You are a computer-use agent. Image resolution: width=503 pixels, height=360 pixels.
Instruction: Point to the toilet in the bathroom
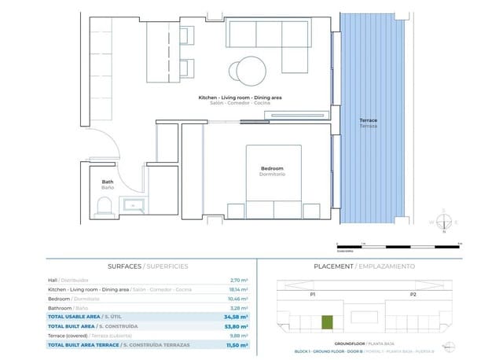[x=102, y=206]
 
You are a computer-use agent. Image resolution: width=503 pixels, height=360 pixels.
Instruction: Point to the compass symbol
[x=443, y=221]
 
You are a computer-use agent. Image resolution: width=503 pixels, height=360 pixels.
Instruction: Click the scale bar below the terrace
[x=373, y=244]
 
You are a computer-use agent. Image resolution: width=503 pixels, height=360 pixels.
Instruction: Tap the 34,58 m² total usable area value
[x=237, y=316]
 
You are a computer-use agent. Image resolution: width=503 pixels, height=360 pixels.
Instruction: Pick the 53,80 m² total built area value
[x=237, y=325]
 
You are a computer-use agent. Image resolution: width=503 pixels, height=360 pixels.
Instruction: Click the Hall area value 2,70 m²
[x=239, y=280]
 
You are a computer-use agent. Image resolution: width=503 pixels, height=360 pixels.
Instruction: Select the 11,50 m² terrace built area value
[x=237, y=345]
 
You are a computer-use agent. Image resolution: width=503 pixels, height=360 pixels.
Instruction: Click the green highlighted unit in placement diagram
[x=327, y=322]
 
